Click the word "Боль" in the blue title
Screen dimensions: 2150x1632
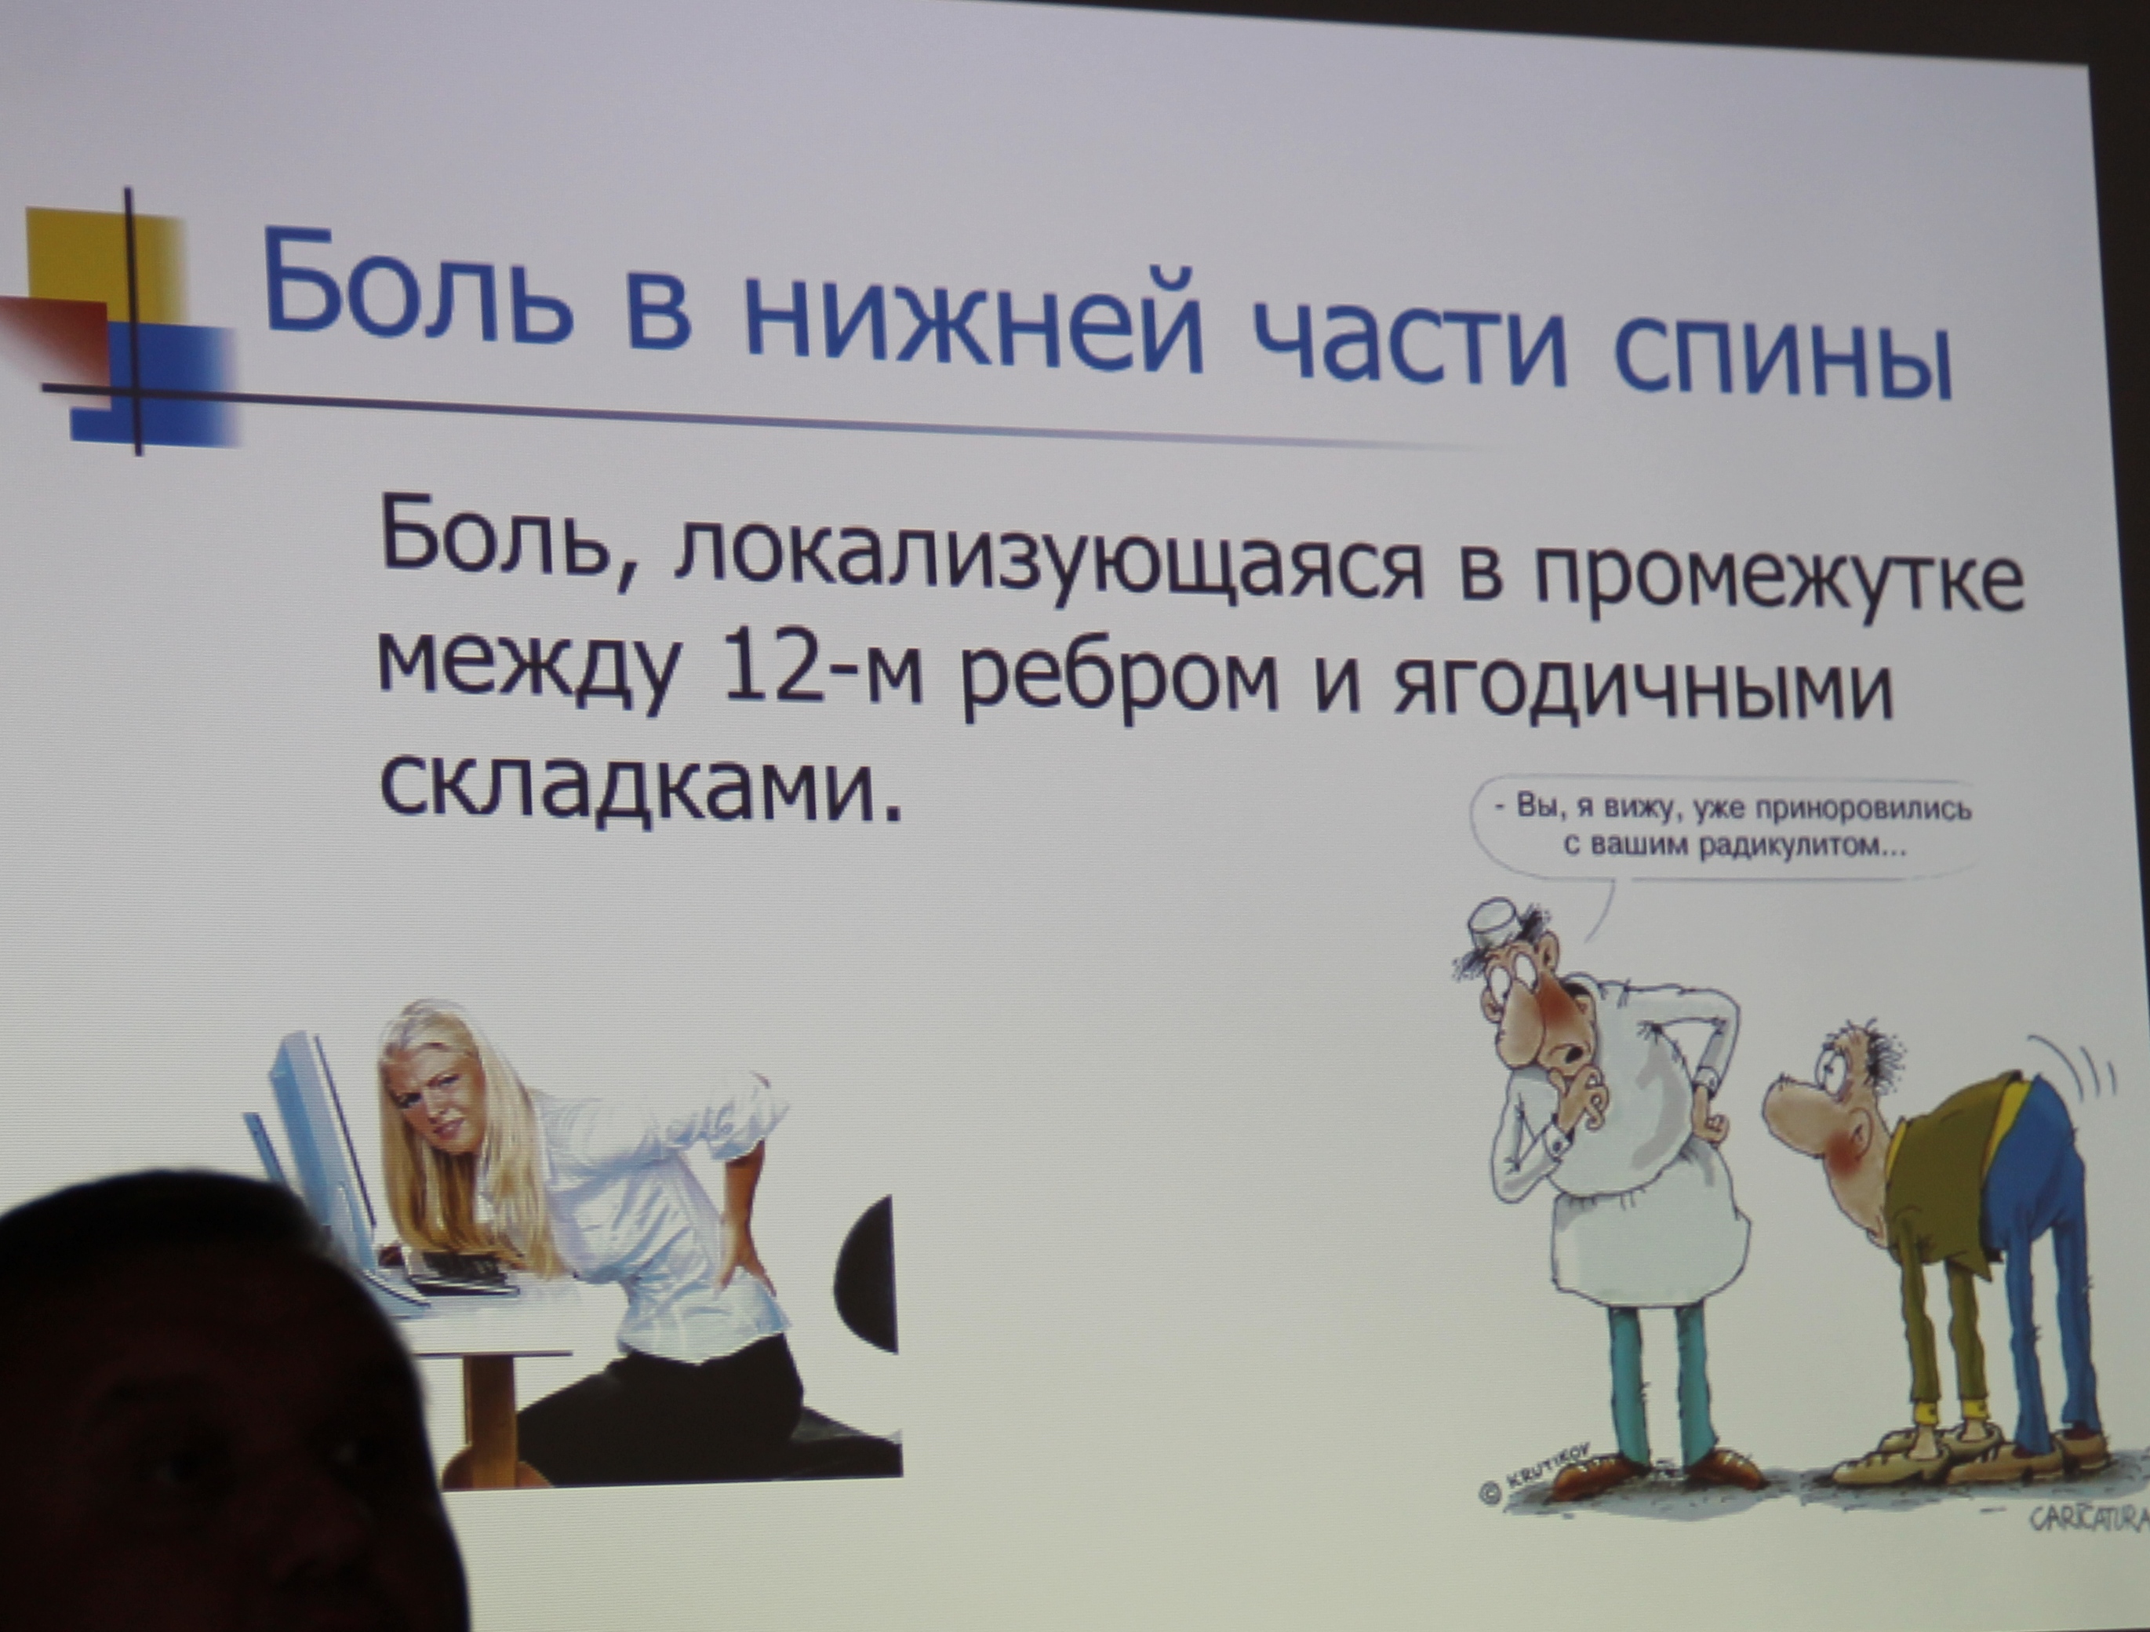(418, 289)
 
